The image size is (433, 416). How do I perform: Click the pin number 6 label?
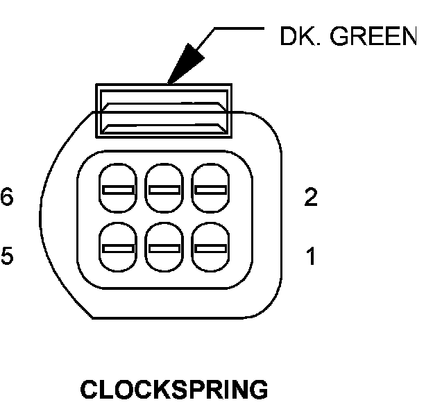(x=6, y=198)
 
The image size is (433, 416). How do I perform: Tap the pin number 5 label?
(x=6, y=257)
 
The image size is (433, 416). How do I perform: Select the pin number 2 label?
(x=311, y=198)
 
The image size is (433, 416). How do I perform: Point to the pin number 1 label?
(x=311, y=257)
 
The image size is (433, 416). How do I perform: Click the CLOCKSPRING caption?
(x=174, y=390)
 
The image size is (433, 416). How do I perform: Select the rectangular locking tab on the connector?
(x=164, y=110)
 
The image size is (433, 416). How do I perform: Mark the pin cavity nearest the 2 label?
(x=210, y=189)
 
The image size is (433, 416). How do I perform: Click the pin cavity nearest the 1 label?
(x=210, y=247)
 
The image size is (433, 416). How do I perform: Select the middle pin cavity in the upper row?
(x=164, y=189)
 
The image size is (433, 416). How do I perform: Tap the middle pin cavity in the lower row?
(x=164, y=247)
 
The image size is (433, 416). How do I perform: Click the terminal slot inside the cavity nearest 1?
(x=210, y=248)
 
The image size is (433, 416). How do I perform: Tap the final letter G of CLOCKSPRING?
(x=258, y=390)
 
